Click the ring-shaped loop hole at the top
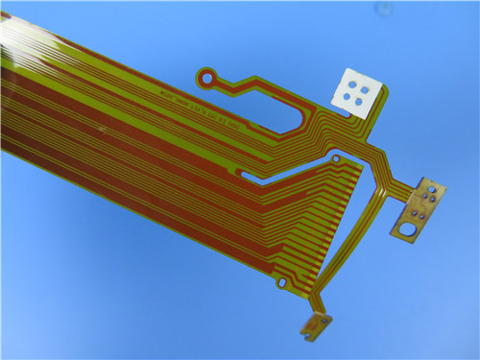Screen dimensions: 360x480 (204, 74)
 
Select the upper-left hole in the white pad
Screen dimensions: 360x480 (351, 86)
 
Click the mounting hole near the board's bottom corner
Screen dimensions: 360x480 (281, 282)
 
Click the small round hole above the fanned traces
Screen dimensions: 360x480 (336, 156)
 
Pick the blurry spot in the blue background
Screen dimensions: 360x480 (384, 9)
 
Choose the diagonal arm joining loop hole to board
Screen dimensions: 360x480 (235, 84)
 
